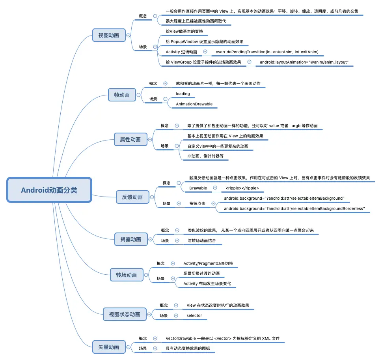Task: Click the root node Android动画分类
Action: [49, 190]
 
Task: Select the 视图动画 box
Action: [109, 35]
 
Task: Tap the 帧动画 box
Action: [122, 95]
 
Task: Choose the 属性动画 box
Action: [130, 139]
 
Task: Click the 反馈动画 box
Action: [132, 197]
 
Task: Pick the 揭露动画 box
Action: [131, 239]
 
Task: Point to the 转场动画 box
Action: [127, 275]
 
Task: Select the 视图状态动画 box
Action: [125, 314]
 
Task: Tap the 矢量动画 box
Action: [109, 347]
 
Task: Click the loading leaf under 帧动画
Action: [183, 94]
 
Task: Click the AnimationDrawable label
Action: [194, 104]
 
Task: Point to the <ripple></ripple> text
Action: [242, 188]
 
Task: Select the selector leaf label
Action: [194, 316]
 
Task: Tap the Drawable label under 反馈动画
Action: [198, 188]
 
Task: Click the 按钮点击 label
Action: [198, 203]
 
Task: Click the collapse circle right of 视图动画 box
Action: [129, 36]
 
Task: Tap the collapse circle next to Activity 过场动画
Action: [205, 51]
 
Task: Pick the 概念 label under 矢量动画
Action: [143, 338]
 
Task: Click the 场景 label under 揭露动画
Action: [165, 240]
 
